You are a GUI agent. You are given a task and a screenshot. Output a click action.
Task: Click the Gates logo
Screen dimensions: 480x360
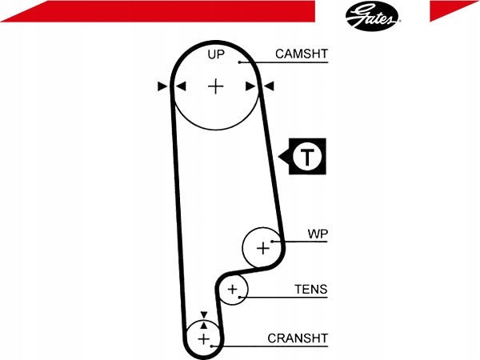[372, 16]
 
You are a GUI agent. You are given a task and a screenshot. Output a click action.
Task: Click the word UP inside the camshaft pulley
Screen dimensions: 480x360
[216, 54]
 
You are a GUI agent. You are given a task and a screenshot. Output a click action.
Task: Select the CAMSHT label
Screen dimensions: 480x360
[302, 54]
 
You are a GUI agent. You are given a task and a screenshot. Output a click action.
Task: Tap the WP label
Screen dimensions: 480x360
[318, 234]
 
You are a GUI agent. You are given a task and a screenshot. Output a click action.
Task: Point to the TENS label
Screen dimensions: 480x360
[311, 289]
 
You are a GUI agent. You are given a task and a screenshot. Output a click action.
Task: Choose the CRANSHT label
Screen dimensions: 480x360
[298, 338]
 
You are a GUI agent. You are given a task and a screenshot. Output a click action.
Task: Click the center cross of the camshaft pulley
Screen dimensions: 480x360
[216, 86]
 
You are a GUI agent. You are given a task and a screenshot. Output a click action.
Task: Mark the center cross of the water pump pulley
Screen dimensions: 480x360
[263, 248]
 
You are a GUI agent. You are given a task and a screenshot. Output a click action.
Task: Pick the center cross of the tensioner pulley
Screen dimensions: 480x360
[233, 289]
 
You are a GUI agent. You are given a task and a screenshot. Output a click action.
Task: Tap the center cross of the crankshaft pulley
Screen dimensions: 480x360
[203, 339]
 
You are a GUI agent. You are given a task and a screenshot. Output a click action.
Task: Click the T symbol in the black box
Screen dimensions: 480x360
[307, 156]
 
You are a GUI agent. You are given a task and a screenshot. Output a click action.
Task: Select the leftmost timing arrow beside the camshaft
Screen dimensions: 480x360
[162, 86]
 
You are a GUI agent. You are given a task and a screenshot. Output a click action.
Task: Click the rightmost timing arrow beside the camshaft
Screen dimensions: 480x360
[269, 86]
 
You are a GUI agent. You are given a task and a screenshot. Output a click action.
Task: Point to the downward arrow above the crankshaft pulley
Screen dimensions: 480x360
[204, 314]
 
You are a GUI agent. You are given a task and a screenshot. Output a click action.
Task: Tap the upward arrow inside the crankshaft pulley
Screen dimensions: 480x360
[204, 325]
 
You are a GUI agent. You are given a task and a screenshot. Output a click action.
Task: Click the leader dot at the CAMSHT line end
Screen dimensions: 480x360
[240, 62]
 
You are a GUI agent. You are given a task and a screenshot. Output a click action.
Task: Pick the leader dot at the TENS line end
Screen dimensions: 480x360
[240, 298]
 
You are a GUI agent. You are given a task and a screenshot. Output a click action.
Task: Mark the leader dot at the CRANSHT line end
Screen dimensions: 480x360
[211, 346]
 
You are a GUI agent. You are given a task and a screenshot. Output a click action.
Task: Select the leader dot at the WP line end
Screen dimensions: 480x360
[271, 242]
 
